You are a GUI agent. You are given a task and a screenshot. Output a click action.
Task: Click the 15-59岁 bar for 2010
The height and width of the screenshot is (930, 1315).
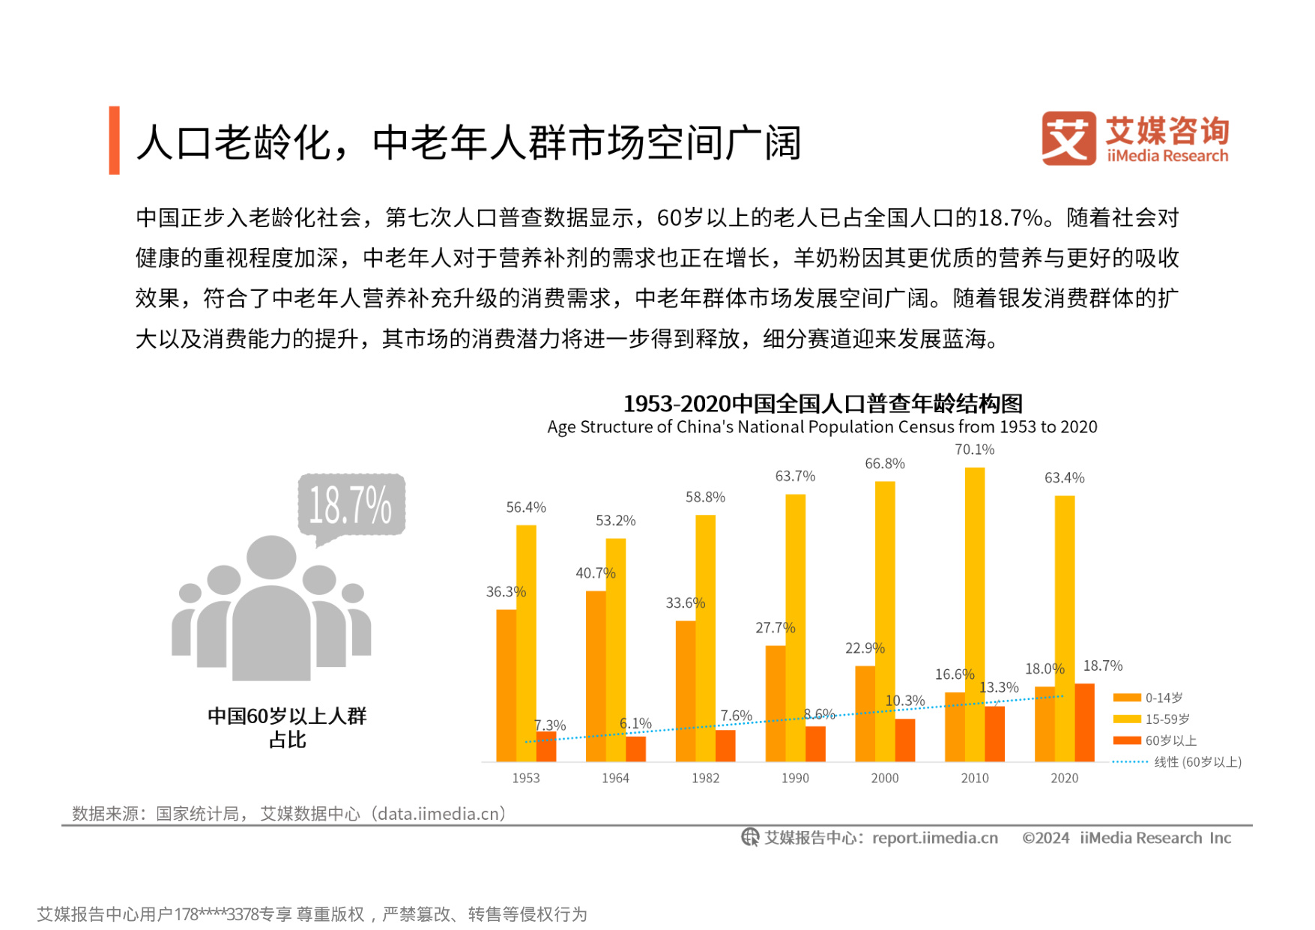(974, 615)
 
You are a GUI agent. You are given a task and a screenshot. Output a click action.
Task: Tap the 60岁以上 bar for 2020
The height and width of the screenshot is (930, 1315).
(1084, 722)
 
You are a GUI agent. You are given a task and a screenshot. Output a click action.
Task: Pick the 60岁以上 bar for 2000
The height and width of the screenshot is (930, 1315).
(905, 740)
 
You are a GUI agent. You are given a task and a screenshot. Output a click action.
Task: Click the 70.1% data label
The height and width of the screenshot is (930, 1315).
(974, 450)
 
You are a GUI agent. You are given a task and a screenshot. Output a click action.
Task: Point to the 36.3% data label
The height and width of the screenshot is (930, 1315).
(506, 592)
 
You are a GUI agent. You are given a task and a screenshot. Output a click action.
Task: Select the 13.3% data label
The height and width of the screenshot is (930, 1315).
(999, 687)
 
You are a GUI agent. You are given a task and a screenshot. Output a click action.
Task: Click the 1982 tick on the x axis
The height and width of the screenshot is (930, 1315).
(705, 778)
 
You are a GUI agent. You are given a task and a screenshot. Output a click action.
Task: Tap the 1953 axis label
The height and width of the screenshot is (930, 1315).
(526, 778)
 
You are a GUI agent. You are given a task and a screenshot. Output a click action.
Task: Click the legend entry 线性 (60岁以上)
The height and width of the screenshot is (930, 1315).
(1177, 762)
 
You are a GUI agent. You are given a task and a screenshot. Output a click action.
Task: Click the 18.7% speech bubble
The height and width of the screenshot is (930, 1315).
(351, 505)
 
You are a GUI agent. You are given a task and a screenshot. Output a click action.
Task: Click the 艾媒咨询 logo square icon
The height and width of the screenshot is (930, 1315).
(1068, 139)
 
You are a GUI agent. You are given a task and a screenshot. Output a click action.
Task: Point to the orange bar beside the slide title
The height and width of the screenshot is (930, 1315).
(114, 140)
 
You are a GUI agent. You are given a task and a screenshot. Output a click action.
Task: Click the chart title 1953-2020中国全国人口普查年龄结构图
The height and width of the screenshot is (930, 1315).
(823, 404)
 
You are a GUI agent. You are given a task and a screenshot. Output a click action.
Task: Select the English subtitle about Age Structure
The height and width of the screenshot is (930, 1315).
(822, 427)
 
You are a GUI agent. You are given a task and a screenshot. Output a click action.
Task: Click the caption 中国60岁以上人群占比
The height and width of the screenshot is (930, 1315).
(287, 727)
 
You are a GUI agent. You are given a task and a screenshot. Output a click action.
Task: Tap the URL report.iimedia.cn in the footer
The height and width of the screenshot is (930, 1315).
(934, 838)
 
